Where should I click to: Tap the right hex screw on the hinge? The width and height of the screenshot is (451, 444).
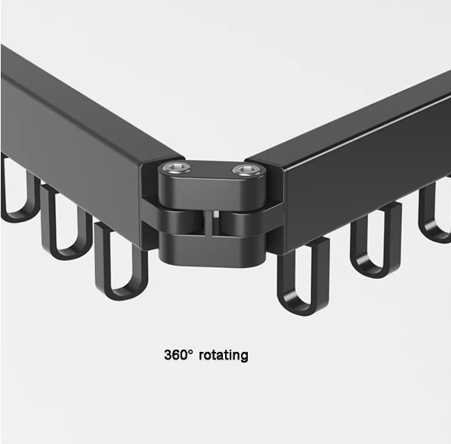click(x=241, y=171)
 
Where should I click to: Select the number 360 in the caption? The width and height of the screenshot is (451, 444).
click(x=178, y=354)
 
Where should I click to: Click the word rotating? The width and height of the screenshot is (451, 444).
click(x=224, y=354)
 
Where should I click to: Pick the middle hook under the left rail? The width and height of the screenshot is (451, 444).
click(x=63, y=223)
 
